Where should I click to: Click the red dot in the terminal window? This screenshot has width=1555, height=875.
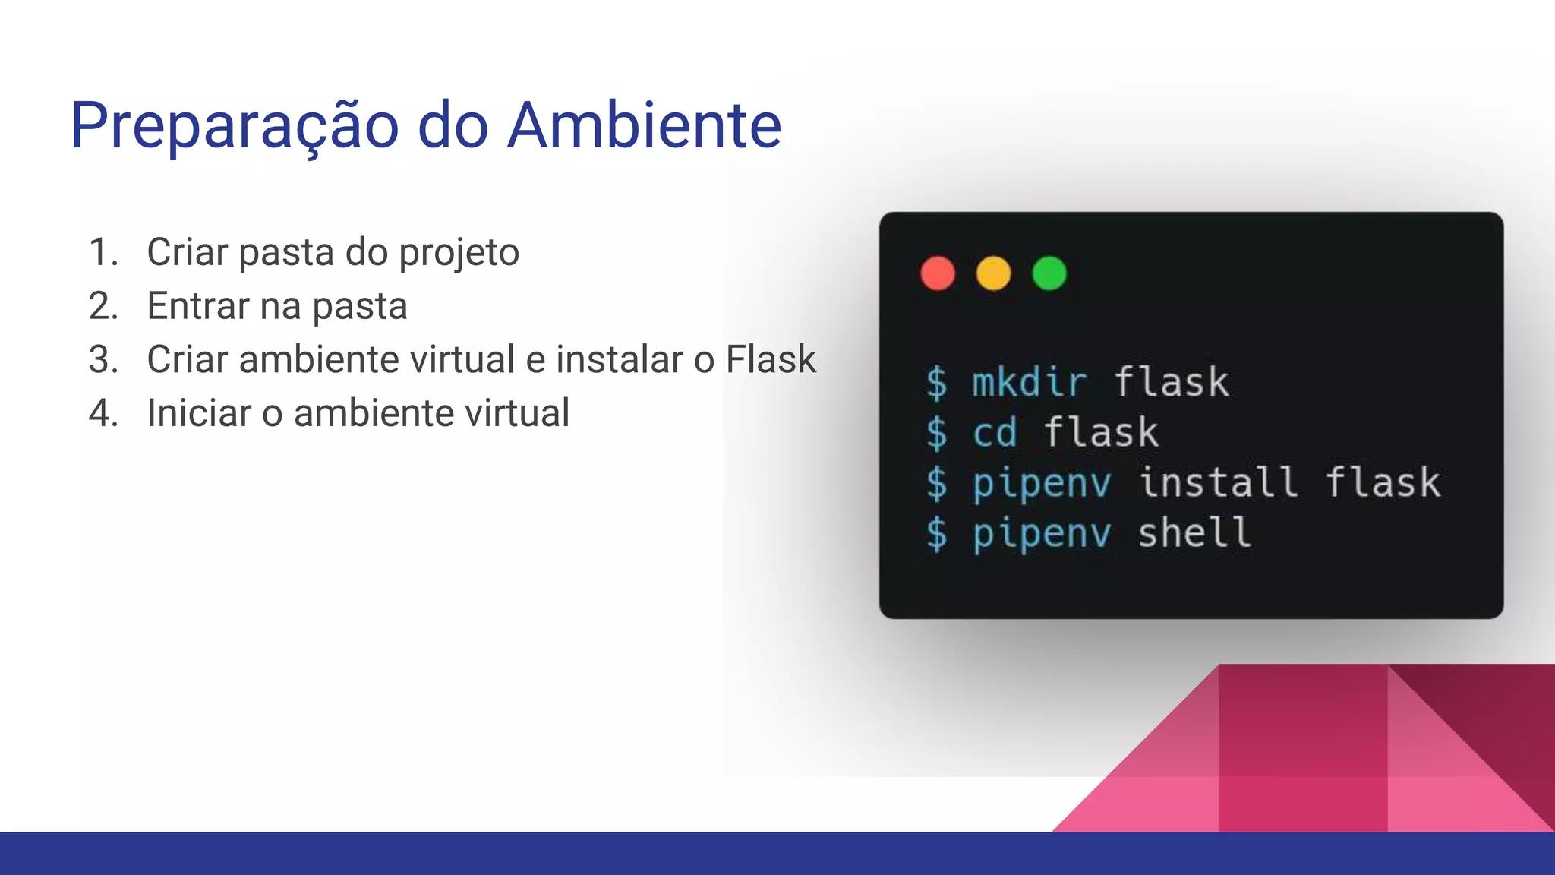[x=938, y=273]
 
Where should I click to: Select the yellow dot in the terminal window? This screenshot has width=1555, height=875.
[x=993, y=273]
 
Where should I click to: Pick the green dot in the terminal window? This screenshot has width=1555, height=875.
[x=1049, y=273]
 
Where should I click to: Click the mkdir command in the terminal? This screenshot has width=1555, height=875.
[x=1030, y=381]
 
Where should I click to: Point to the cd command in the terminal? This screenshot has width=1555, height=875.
[x=995, y=432]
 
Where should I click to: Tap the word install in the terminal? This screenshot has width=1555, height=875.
[x=1219, y=482]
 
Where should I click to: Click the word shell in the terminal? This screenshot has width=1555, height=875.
[x=1194, y=532]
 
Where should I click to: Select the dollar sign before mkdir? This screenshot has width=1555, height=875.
[x=937, y=382]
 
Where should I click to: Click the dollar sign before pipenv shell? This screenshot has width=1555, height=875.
[x=937, y=533]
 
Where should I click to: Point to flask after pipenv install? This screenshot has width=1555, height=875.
[x=1383, y=482]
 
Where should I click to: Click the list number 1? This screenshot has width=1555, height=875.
[x=102, y=252]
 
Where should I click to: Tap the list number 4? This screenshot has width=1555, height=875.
[x=103, y=413]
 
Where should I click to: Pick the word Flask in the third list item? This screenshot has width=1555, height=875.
[x=770, y=359]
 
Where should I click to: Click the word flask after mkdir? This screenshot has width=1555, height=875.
[x=1172, y=381]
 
